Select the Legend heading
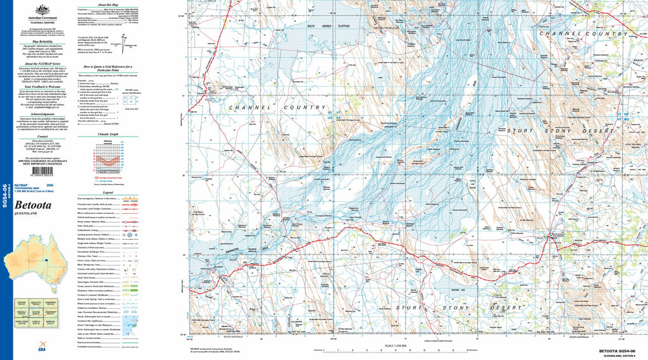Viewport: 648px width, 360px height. tap(108, 192)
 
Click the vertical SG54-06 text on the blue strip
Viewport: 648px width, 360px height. tap(5, 196)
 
